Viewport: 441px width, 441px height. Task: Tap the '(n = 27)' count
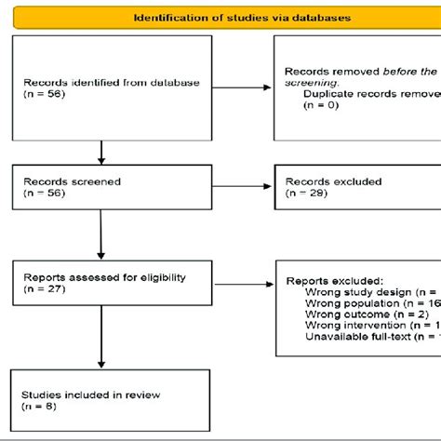[42, 288]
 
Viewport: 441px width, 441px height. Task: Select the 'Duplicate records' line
[367, 94]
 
